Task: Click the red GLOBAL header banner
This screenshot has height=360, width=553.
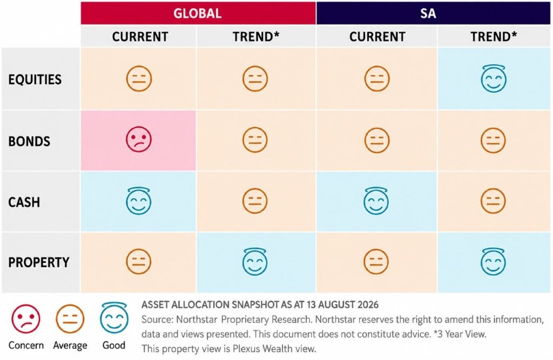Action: coord(198,13)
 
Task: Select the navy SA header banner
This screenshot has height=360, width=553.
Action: coord(433,13)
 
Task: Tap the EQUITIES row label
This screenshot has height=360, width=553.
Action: coord(35,79)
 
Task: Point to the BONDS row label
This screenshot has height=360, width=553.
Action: coord(29,141)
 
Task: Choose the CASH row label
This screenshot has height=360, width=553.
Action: coord(24,202)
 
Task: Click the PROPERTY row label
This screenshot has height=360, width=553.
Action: coord(39,262)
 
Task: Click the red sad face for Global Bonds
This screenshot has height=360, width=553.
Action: coord(139,139)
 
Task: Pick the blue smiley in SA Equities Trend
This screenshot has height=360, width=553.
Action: coord(494,79)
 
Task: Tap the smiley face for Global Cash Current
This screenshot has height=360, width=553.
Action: coord(139,201)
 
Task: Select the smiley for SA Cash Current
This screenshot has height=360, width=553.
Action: coord(376,201)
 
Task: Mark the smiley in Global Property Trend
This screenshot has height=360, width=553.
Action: coord(255,262)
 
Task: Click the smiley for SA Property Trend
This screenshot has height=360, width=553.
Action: coord(493,262)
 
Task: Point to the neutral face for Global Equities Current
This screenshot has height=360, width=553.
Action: coord(139,78)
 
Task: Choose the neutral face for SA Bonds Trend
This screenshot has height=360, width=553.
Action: coord(493,140)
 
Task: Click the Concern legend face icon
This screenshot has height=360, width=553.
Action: coord(26,319)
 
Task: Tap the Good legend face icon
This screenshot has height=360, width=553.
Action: coord(114,318)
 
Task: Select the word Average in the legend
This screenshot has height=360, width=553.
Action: coord(70,345)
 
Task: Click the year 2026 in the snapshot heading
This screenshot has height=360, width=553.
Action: coord(368,304)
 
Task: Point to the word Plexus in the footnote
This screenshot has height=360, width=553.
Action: coord(246,349)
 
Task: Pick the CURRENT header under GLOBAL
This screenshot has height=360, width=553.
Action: coord(140,37)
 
